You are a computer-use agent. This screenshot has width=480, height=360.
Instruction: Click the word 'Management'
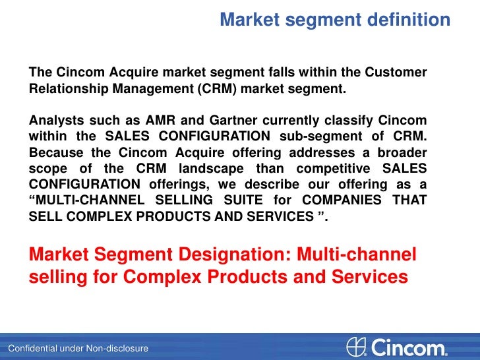[x=154, y=89]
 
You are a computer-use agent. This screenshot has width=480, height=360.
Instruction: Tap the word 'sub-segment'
[x=313, y=136]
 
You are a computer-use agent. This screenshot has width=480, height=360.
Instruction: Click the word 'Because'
[x=56, y=152]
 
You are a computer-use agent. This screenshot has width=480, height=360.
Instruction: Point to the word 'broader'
[x=400, y=152]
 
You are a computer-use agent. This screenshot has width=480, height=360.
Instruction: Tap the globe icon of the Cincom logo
[x=355, y=347]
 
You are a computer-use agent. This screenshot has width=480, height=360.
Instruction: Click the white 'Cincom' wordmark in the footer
[x=409, y=347]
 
